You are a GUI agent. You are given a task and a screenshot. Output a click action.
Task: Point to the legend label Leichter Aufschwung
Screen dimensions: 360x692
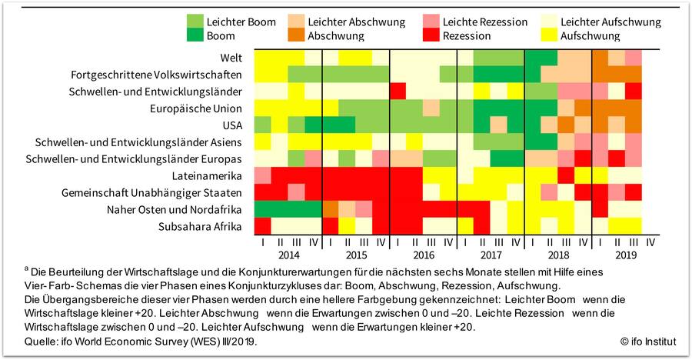point(611,22)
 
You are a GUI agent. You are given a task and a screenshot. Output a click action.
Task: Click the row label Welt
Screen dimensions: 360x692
point(231,57)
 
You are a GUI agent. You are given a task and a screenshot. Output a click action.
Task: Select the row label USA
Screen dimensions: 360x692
point(231,125)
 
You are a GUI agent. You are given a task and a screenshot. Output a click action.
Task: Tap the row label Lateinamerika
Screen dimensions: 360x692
point(209,175)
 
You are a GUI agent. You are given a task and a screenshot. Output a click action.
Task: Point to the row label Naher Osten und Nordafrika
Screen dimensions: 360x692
point(179,209)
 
